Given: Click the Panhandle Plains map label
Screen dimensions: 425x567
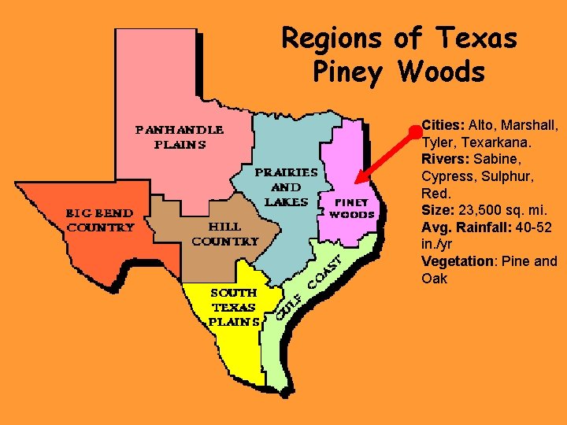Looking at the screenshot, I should [x=180, y=136].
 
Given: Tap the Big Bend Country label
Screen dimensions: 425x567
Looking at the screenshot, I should [x=99, y=220].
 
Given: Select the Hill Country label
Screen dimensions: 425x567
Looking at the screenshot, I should [x=224, y=234].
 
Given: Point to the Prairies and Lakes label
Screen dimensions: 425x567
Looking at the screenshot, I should [x=285, y=187].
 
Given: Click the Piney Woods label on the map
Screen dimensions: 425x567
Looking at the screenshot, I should [x=351, y=208].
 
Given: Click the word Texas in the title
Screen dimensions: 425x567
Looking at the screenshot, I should [x=478, y=37].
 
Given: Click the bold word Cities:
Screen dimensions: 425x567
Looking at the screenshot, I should [x=443, y=125].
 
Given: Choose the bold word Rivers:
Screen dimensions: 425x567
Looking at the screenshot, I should [x=445, y=159].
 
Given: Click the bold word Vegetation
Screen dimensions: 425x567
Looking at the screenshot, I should [x=457, y=261].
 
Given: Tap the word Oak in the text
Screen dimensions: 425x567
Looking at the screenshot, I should [x=434, y=279].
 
